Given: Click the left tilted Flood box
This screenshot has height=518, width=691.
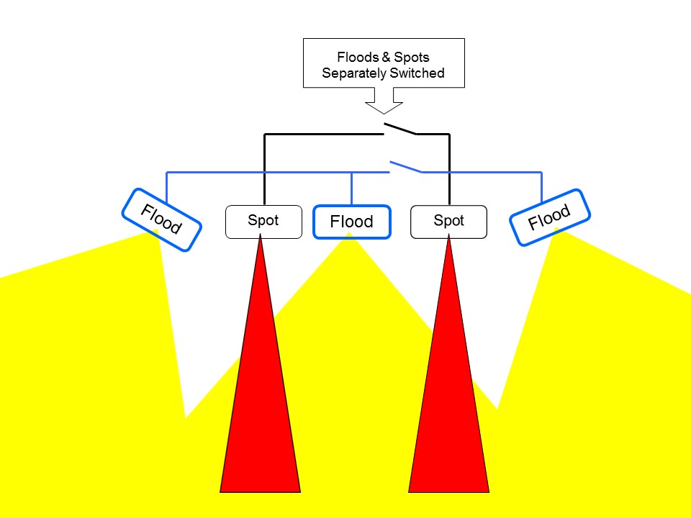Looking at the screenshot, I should (x=161, y=219).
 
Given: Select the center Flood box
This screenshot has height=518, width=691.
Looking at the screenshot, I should (x=352, y=222).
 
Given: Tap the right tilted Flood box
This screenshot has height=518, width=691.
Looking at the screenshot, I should (x=550, y=217).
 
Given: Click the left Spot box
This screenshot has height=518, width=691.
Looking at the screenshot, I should (x=263, y=221).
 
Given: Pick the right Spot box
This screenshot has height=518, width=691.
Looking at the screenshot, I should (x=448, y=221).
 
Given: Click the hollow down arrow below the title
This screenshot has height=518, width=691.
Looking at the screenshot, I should (x=384, y=101).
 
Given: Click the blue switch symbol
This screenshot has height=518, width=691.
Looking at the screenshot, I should (x=406, y=167).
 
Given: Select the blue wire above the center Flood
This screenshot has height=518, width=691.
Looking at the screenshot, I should (x=351, y=189).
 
